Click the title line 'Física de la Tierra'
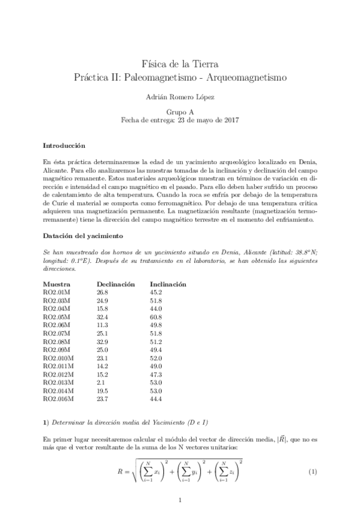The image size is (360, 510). [180, 64]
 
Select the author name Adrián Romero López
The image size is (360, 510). [180, 96]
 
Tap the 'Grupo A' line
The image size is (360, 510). [180, 112]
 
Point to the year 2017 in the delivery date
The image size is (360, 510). [231, 120]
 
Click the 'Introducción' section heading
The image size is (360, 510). [64, 146]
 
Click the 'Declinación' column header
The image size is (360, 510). [116, 283]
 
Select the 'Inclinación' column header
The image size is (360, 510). [168, 283]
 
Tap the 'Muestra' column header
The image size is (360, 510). [57, 283]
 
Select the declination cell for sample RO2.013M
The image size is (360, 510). [100, 381]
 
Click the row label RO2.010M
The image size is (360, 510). [58, 357]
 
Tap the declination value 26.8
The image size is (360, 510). [102, 292]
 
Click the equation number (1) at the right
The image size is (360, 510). [312, 472]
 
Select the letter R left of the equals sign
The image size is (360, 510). [120, 472]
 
